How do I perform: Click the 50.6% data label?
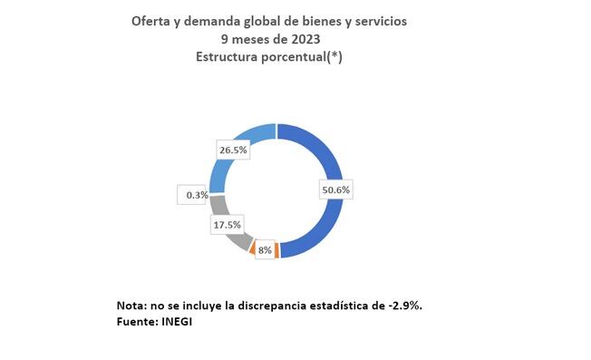coord(336,190)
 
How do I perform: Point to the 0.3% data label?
coord(194,194)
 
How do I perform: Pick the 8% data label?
coord(265,250)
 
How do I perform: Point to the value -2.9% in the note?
coord(404,305)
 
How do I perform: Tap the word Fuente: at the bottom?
coord(136,320)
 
